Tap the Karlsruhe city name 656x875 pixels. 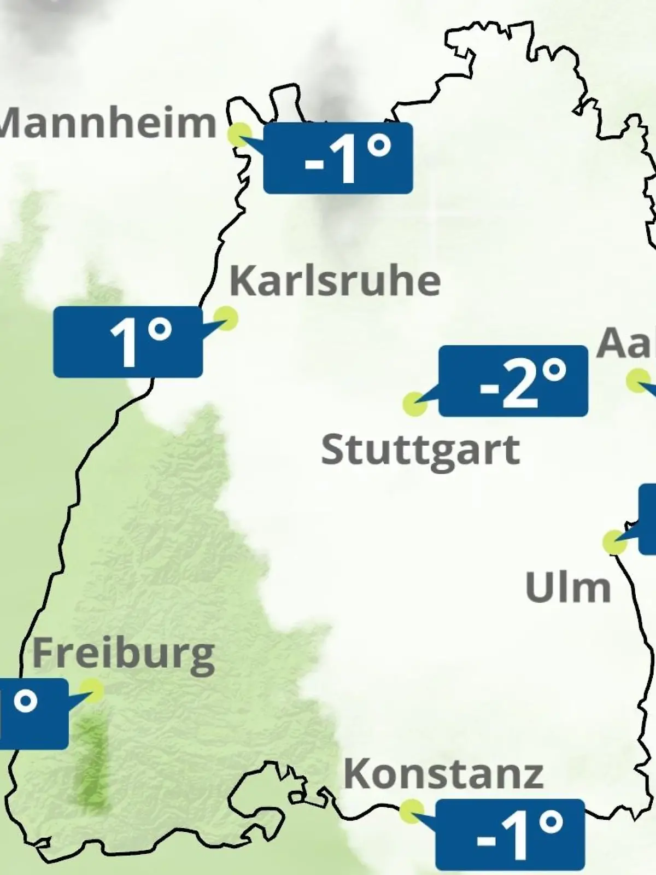[x=335, y=281]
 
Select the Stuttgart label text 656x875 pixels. [x=420, y=451]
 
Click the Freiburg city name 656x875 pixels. [x=124, y=654]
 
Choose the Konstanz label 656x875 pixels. [x=443, y=774]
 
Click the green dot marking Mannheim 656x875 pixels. [x=239, y=135]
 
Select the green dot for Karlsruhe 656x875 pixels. [x=225, y=318]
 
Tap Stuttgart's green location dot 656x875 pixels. [x=414, y=404]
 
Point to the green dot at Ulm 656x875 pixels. [x=614, y=542]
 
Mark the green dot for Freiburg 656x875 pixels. [x=91, y=691]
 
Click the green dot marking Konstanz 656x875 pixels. [x=411, y=812]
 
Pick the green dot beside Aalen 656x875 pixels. [x=638, y=381]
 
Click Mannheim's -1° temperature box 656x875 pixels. [x=338, y=158]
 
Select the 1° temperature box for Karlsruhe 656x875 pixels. [x=128, y=342]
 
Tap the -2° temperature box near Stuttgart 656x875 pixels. [x=513, y=381]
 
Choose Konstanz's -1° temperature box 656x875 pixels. [x=510, y=835]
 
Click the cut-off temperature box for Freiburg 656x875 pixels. [x=33, y=714]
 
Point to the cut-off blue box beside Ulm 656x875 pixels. [x=648, y=518]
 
